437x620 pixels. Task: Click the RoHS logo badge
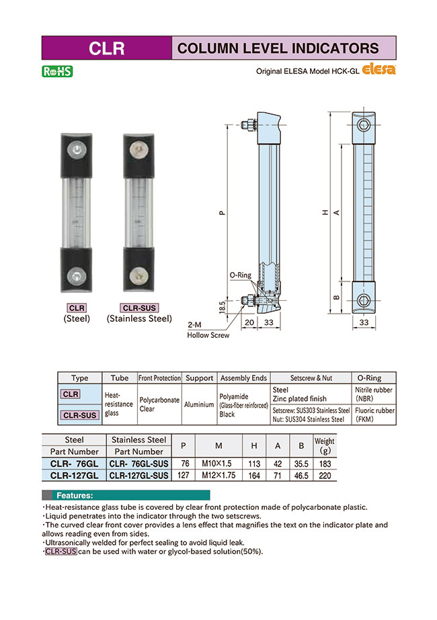pos(56,70)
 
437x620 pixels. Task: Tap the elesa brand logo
pos(380,69)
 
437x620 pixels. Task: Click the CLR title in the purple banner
pos(107,48)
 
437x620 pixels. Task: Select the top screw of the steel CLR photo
pos(79,150)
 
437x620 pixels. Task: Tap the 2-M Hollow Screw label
pos(208,329)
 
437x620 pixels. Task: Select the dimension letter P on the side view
pos(222,213)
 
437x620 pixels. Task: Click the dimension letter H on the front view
pos(325,213)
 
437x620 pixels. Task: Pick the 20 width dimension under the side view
pos(248,322)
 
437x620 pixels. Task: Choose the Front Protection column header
pos(160,378)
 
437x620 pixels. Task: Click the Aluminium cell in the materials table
pos(200,404)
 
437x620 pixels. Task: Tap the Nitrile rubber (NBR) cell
pos(374,394)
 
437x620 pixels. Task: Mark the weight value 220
pos(324,475)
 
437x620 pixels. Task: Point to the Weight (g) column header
pos(324,446)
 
